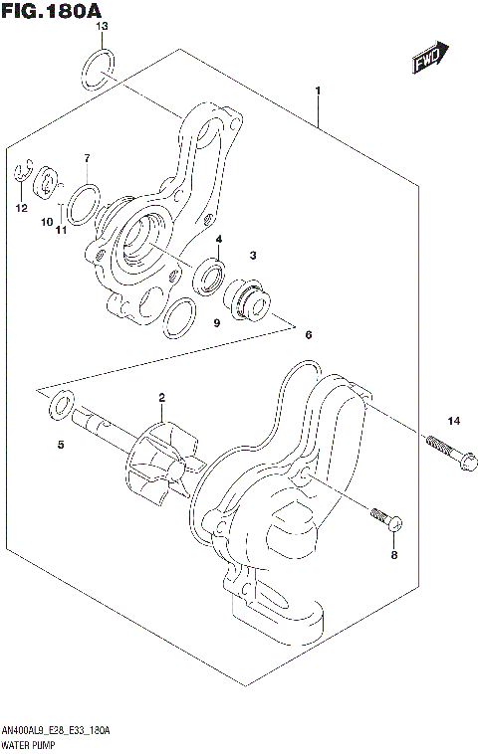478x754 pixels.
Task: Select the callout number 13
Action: pyautogui.click(x=102, y=25)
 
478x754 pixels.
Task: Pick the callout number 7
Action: pyautogui.click(x=87, y=158)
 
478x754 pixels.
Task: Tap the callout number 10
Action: pyautogui.click(x=46, y=222)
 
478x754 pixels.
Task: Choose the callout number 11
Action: pyautogui.click(x=61, y=231)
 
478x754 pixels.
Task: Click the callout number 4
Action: pyautogui.click(x=218, y=239)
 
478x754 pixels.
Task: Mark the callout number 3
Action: pyautogui.click(x=254, y=256)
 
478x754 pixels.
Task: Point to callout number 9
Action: pyautogui.click(x=215, y=323)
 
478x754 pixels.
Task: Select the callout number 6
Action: pyautogui.click(x=308, y=334)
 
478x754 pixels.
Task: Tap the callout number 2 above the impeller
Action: pyautogui.click(x=159, y=398)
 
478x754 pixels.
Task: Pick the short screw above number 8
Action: pyautogui.click(x=384, y=518)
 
